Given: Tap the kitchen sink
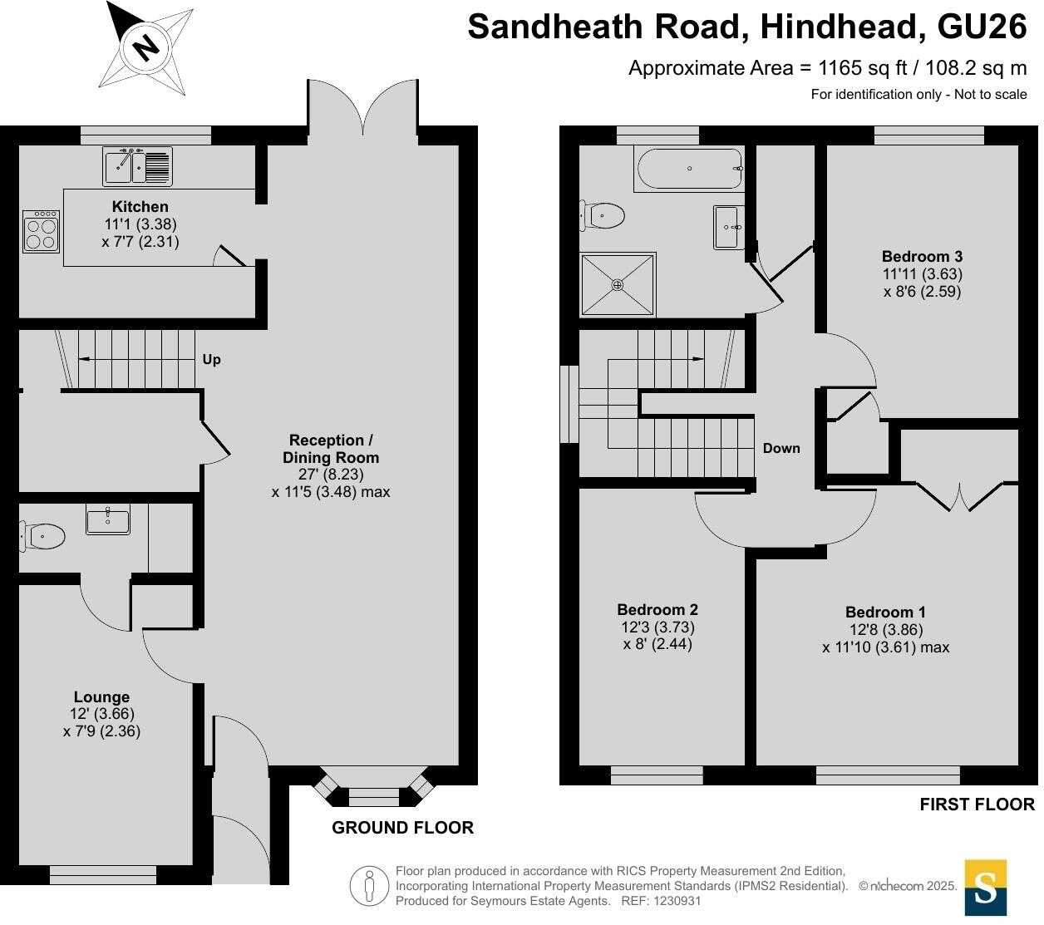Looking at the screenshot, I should pos(137,165).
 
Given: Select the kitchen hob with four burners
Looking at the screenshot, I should pos(41,231).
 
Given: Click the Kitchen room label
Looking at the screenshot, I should pos(140,207).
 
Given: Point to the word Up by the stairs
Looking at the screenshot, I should pos(212,360).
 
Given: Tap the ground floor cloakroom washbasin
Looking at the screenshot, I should pos(108,521).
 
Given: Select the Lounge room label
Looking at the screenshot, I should pos(101,697).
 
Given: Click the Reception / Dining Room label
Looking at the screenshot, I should pos(331,449).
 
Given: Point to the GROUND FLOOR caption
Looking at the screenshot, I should pos(402,828).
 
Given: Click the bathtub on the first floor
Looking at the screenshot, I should pos(688,169).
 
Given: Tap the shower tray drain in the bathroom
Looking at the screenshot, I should pos(618,285).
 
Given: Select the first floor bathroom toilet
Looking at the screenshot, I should pos(603,216).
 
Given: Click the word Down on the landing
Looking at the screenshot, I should pos(781,449).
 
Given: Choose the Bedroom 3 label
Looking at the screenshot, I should pos(922,257).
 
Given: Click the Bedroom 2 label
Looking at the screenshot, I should pos(657,609).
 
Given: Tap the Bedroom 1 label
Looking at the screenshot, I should pos(885,613).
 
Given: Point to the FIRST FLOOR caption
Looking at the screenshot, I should pos(977,804).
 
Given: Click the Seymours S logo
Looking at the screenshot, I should pos(985,888).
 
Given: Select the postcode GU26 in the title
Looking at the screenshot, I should pos(982,27).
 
